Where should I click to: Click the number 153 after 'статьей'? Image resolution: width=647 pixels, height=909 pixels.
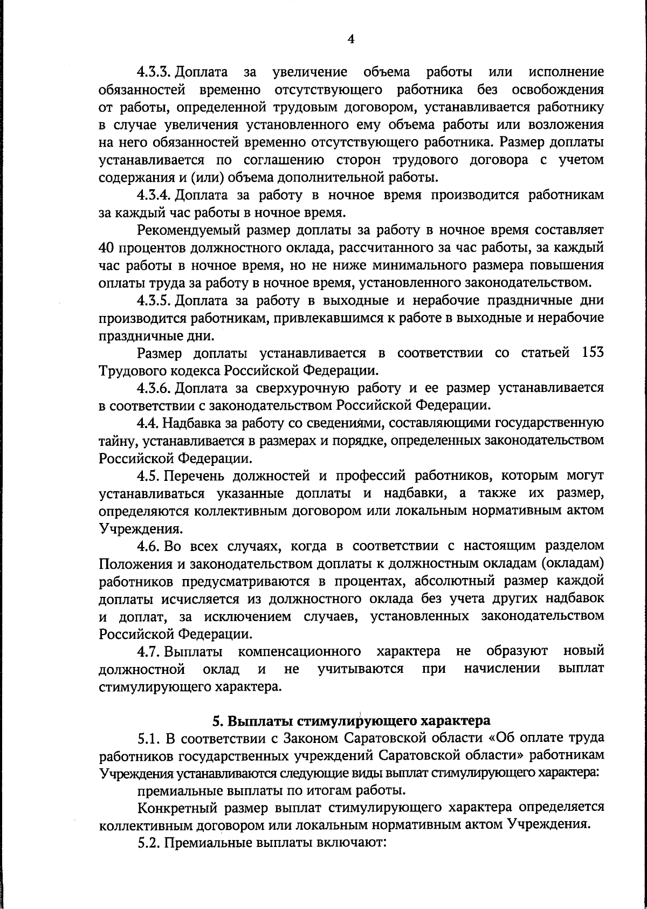593,353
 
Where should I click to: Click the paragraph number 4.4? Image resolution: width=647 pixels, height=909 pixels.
148,423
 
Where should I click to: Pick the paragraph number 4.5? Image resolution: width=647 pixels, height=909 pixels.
148,476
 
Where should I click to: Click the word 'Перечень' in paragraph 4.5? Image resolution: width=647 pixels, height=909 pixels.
191,476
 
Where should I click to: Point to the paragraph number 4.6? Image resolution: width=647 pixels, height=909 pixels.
148,546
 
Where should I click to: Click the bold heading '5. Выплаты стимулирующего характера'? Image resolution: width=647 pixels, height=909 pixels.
351,720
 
